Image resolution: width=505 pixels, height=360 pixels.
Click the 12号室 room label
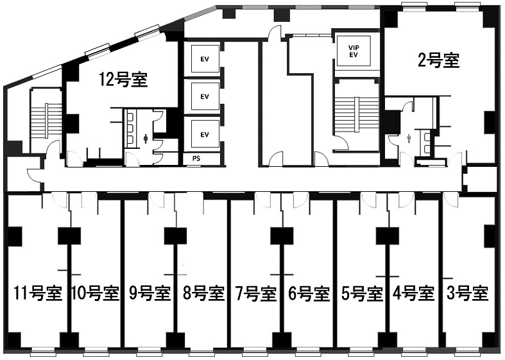tap(123, 80)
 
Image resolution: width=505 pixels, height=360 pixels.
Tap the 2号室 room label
tap(438, 60)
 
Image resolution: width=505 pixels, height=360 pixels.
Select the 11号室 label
tap(37, 293)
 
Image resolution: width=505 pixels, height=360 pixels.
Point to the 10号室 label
tap(96, 293)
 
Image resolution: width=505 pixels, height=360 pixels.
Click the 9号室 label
tap(150, 293)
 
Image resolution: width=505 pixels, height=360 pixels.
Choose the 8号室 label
tap(203, 293)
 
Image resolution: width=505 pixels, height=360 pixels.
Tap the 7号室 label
tap(256, 293)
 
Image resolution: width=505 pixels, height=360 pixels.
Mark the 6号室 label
tap(309, 293)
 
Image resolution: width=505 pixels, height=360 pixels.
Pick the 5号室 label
tap(362, 293)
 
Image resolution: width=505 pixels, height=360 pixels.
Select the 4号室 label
tap(413, 293)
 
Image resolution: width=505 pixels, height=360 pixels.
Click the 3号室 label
tap(468, 293)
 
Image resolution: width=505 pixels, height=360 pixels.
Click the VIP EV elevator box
tap(354, 51)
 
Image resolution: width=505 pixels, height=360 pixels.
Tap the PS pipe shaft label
tap(196, 159)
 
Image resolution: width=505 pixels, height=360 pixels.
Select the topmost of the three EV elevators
tap(205, 59)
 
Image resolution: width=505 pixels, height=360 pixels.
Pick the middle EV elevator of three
tap(205, 96)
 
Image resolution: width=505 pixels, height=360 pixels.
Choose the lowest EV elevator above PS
tap(205, 134)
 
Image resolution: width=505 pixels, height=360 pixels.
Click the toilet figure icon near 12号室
tap(146, 139)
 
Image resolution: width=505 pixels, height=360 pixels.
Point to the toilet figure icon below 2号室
tap(409, 139)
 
